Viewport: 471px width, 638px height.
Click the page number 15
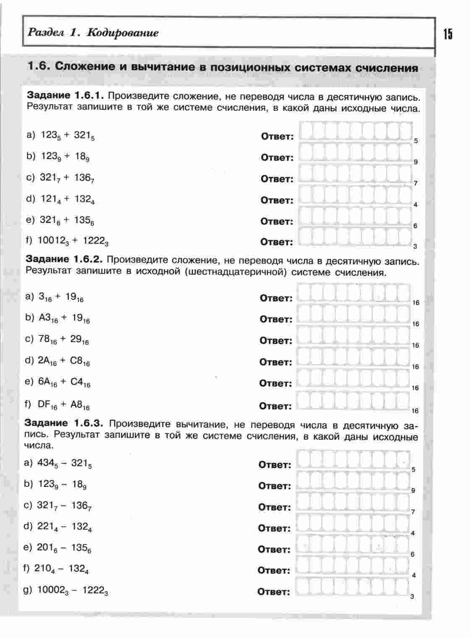[448, 34]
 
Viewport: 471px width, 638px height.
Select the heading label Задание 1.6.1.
[65, 95]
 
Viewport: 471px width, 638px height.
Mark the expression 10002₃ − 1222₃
[73, 591]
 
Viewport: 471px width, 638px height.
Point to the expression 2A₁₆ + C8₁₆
[64, 361]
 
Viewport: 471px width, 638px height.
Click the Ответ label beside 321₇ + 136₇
[277, 179]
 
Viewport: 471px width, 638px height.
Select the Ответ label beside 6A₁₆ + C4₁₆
[276, 384]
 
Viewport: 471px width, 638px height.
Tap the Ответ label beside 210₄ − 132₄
[274, 570]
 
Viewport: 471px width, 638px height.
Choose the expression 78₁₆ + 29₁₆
[63, 339]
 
